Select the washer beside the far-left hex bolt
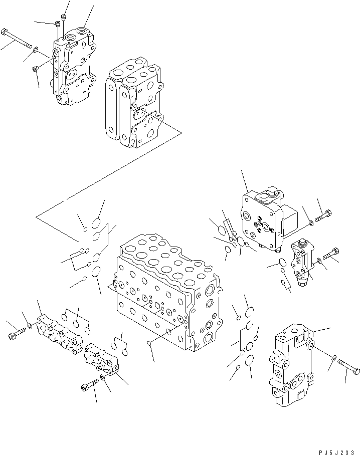[x=30, y=327]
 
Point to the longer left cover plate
[x=59, y=334]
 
